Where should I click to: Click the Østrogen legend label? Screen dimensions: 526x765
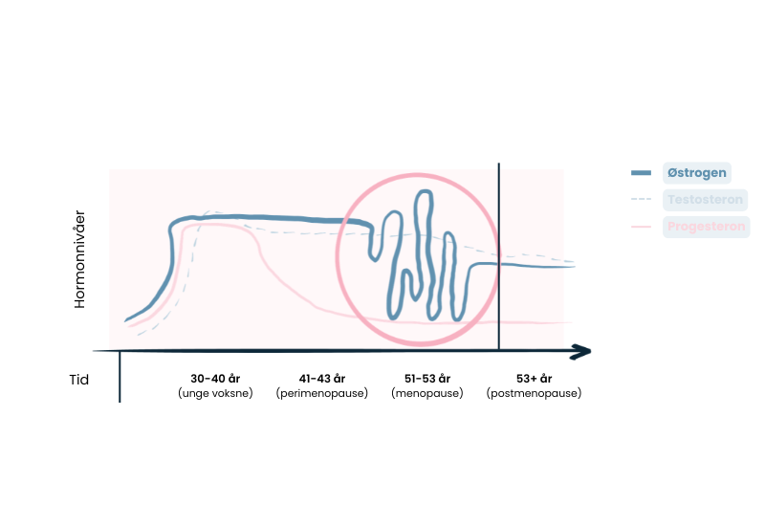(696, 173)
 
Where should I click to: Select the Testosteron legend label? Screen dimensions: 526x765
(706, 200)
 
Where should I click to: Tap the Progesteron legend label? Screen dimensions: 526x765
(707, 227)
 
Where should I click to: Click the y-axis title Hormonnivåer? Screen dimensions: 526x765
(81, 258)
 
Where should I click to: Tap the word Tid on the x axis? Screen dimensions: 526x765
(79, 380)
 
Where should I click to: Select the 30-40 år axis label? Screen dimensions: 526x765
(216, 378)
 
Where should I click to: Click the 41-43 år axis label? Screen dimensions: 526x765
(322, 378)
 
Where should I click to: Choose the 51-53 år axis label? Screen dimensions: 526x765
(427, 378)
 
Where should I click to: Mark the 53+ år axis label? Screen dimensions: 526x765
(534, 378)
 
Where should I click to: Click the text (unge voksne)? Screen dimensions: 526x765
(216, 393)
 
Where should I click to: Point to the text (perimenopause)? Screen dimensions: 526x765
(322, 393)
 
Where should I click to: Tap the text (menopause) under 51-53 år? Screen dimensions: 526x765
(427, 393)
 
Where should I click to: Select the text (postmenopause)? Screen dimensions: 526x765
(534, 393)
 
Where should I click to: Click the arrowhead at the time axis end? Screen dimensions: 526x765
(581, 353)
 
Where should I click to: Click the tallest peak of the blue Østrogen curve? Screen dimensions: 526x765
(422, 194)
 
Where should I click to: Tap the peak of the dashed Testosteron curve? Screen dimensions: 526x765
(215, 212)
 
